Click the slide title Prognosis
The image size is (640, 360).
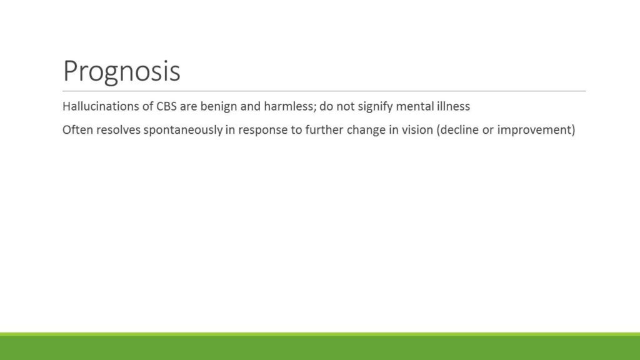(x=122, y=72)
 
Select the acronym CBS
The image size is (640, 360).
(x=166, y=106)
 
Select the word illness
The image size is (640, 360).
(x=454, y=106)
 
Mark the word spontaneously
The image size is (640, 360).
(x=183, y=131)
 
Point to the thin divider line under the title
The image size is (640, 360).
(x=324, y=91)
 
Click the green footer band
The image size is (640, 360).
(x=320, y=346)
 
